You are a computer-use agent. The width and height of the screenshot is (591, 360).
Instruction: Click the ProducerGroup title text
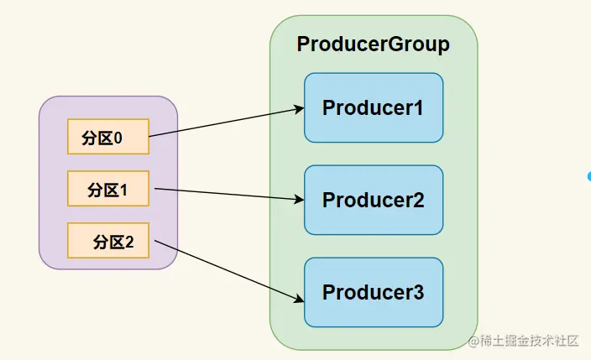(x=373, y=44)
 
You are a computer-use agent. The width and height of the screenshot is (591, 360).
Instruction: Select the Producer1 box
(x=374, y=107)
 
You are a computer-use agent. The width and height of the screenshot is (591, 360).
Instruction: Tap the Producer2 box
(x=374, y=200)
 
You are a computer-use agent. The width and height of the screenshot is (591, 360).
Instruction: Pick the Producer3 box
(x=374, y=292)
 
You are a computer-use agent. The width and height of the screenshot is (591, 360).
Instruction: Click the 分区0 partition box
(x=108, y=137)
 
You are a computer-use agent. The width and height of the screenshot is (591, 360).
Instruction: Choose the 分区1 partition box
(x=108, y=189)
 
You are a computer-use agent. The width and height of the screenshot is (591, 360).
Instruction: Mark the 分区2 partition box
(x=108, y=240)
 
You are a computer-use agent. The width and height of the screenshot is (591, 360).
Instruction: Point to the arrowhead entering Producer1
(x=300, y=109)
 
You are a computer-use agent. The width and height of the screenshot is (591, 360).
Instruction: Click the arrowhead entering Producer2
(x=300, y=199)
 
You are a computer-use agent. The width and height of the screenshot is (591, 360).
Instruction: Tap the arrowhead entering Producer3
(x=300, y=299)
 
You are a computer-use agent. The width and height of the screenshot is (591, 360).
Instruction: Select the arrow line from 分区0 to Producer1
(x=227, y=123)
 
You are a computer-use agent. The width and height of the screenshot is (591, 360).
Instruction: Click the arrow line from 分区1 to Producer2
(x=229, y=194)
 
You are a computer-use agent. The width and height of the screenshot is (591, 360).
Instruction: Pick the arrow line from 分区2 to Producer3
(x=229, y=271)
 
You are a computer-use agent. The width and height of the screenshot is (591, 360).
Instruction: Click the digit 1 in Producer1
(x=418, y=107)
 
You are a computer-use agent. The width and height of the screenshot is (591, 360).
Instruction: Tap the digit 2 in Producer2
(x=418, y=200)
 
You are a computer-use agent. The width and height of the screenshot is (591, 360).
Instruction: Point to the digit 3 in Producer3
(x=418, y=292)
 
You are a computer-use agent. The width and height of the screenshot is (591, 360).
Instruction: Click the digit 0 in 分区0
(x=118, y=138)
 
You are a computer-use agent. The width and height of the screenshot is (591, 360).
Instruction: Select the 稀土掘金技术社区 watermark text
(x=530, y=341)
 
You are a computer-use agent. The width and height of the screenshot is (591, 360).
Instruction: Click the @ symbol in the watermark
(x=473, y=342)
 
